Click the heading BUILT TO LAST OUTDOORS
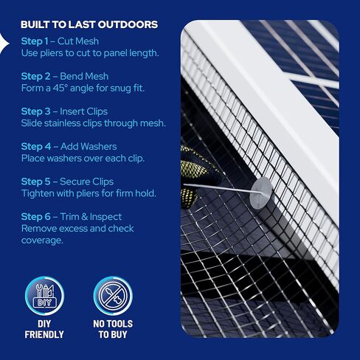point(89,24)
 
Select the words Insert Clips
point(88,111)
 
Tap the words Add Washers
point(89,146)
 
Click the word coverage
point(42,240)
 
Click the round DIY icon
point(45,294)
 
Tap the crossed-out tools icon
point(113,294)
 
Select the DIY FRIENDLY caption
point(44,328)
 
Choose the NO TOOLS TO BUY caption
point(113,328)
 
